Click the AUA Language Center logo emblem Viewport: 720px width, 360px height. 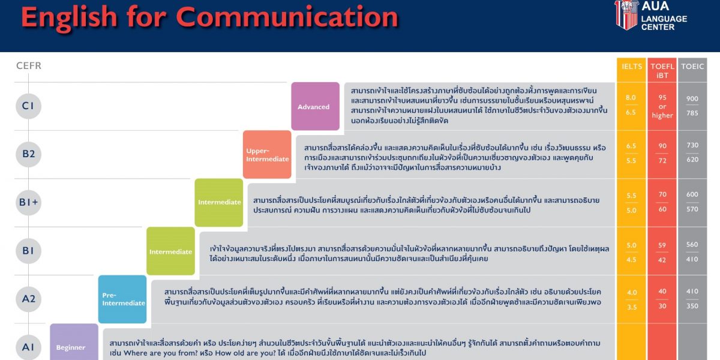point(626,15)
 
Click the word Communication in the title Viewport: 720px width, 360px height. point(287,17)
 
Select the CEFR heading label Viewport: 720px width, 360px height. point(29,65)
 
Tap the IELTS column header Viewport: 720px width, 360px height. point(632,66)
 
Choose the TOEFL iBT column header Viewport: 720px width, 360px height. point(662,71)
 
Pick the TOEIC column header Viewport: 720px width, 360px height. point(692,66)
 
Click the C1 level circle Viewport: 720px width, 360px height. point(28,106)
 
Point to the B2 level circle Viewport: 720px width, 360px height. point(28,154)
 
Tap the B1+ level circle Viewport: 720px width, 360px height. point(28,202)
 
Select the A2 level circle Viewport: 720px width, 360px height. point(28,299)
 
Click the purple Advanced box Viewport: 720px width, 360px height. point(316,106)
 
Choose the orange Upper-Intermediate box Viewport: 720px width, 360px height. point(267,155)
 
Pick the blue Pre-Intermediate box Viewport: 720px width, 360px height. point(122,299)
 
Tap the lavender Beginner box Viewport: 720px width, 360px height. point(74,342)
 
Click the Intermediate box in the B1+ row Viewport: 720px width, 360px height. point(219,203)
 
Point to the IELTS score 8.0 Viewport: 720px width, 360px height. point(631,97)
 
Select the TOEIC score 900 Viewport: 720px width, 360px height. point(692,98)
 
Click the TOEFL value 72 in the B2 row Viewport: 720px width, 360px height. point(662,160)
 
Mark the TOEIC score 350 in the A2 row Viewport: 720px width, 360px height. point(692,306)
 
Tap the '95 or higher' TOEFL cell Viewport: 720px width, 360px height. point(662,106)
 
